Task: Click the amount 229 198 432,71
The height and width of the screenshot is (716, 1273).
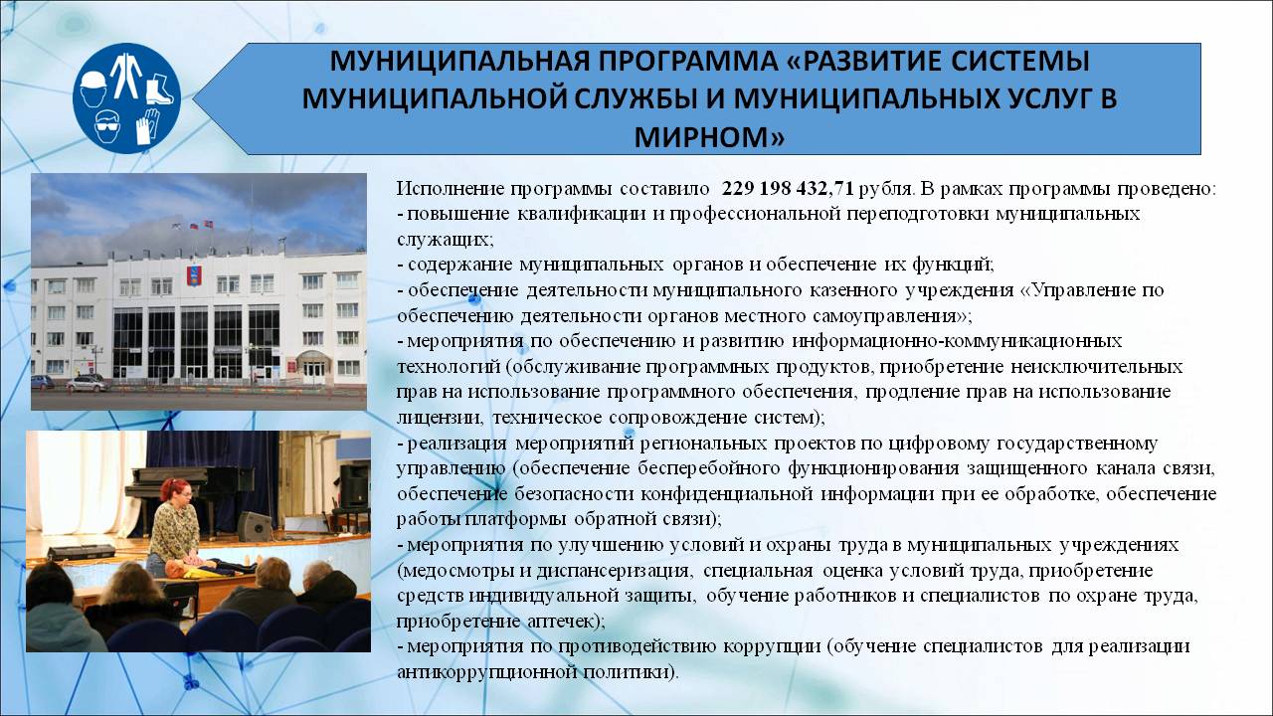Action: [788, 188]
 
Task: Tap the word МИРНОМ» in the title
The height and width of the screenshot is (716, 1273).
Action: [709, 136]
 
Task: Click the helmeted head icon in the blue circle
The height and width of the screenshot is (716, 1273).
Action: [93, 89]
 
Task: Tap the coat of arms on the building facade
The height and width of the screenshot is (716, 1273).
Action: [191, 275]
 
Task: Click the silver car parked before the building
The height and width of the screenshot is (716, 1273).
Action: [88, 384]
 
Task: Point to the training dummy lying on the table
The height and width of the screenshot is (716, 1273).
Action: [210, 566]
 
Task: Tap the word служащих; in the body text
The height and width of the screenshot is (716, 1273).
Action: [446, 240]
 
